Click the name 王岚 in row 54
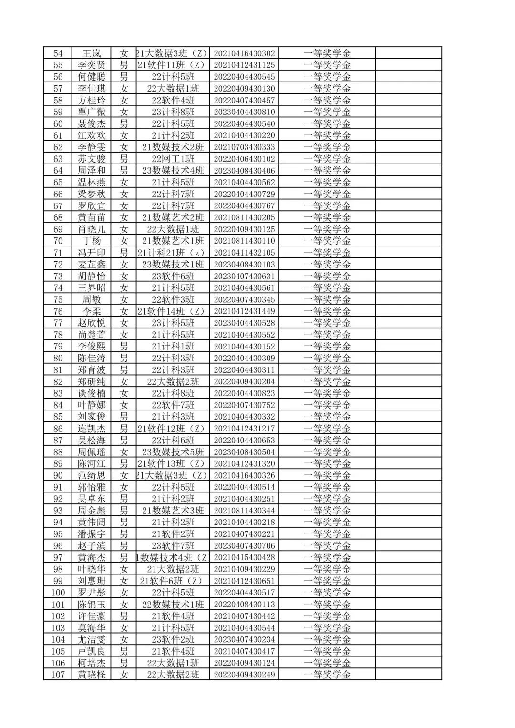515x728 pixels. point(92,53)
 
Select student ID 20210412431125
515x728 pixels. point(244,65)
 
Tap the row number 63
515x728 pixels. point(58,159)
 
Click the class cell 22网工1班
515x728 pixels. point(173,159)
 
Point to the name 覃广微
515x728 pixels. point(92,112)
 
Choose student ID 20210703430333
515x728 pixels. point(244,147)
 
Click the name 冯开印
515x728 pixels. point(92,253)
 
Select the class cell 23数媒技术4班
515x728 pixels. point(173,171)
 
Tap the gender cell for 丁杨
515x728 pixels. point(124,241)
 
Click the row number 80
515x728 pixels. point(58,358)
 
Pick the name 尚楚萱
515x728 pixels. point(92,335)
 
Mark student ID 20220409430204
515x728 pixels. point(244,381)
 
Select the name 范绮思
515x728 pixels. point(92,475)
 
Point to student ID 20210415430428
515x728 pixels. point(244,557)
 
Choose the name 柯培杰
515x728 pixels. point(92,663)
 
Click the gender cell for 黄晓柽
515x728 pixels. point(124,675)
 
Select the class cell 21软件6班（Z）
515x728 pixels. point(173,581)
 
